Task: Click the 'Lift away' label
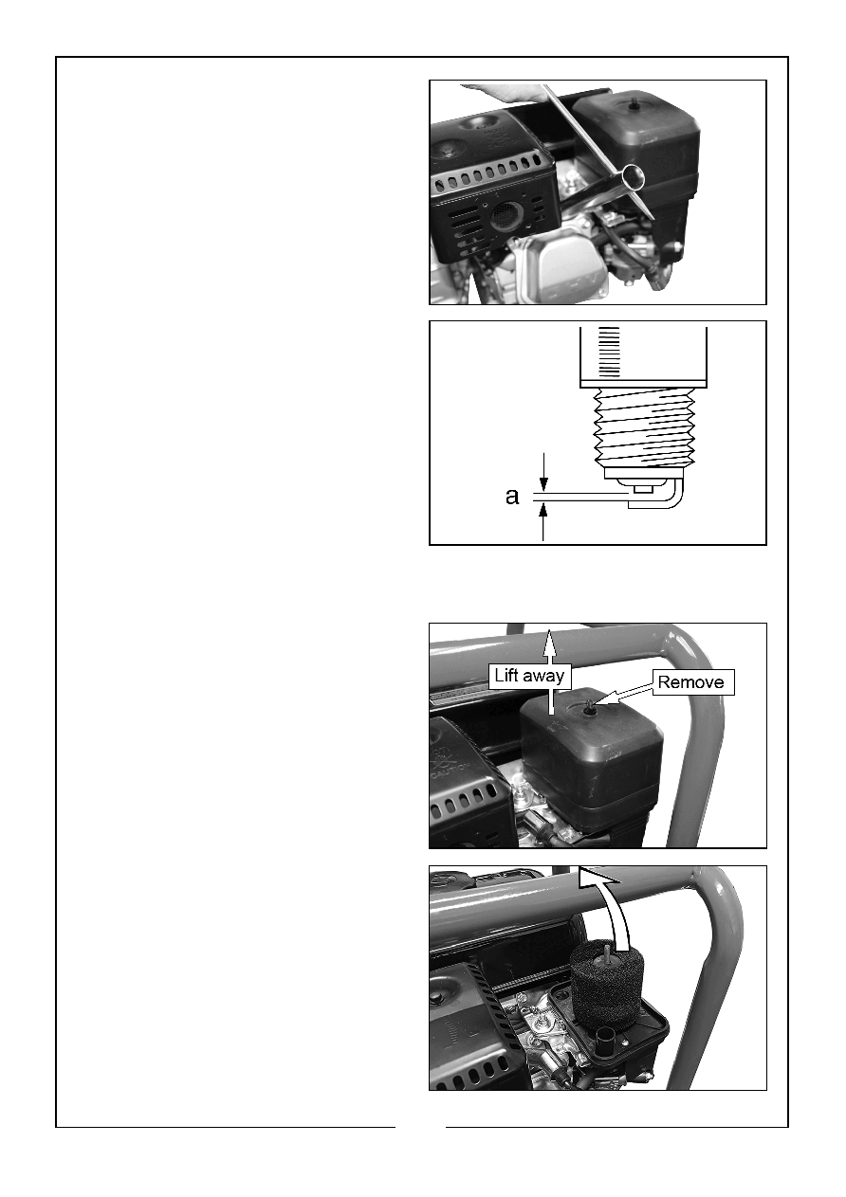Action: [529, 676]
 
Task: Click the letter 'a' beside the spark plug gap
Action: [512, 497]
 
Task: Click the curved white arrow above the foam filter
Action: [610, 910]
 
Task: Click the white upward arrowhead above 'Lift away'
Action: [550, 639]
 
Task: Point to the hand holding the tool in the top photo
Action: [508, 92]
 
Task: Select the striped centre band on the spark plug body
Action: [609, 353]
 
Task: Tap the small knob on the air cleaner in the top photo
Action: [634, 106]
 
